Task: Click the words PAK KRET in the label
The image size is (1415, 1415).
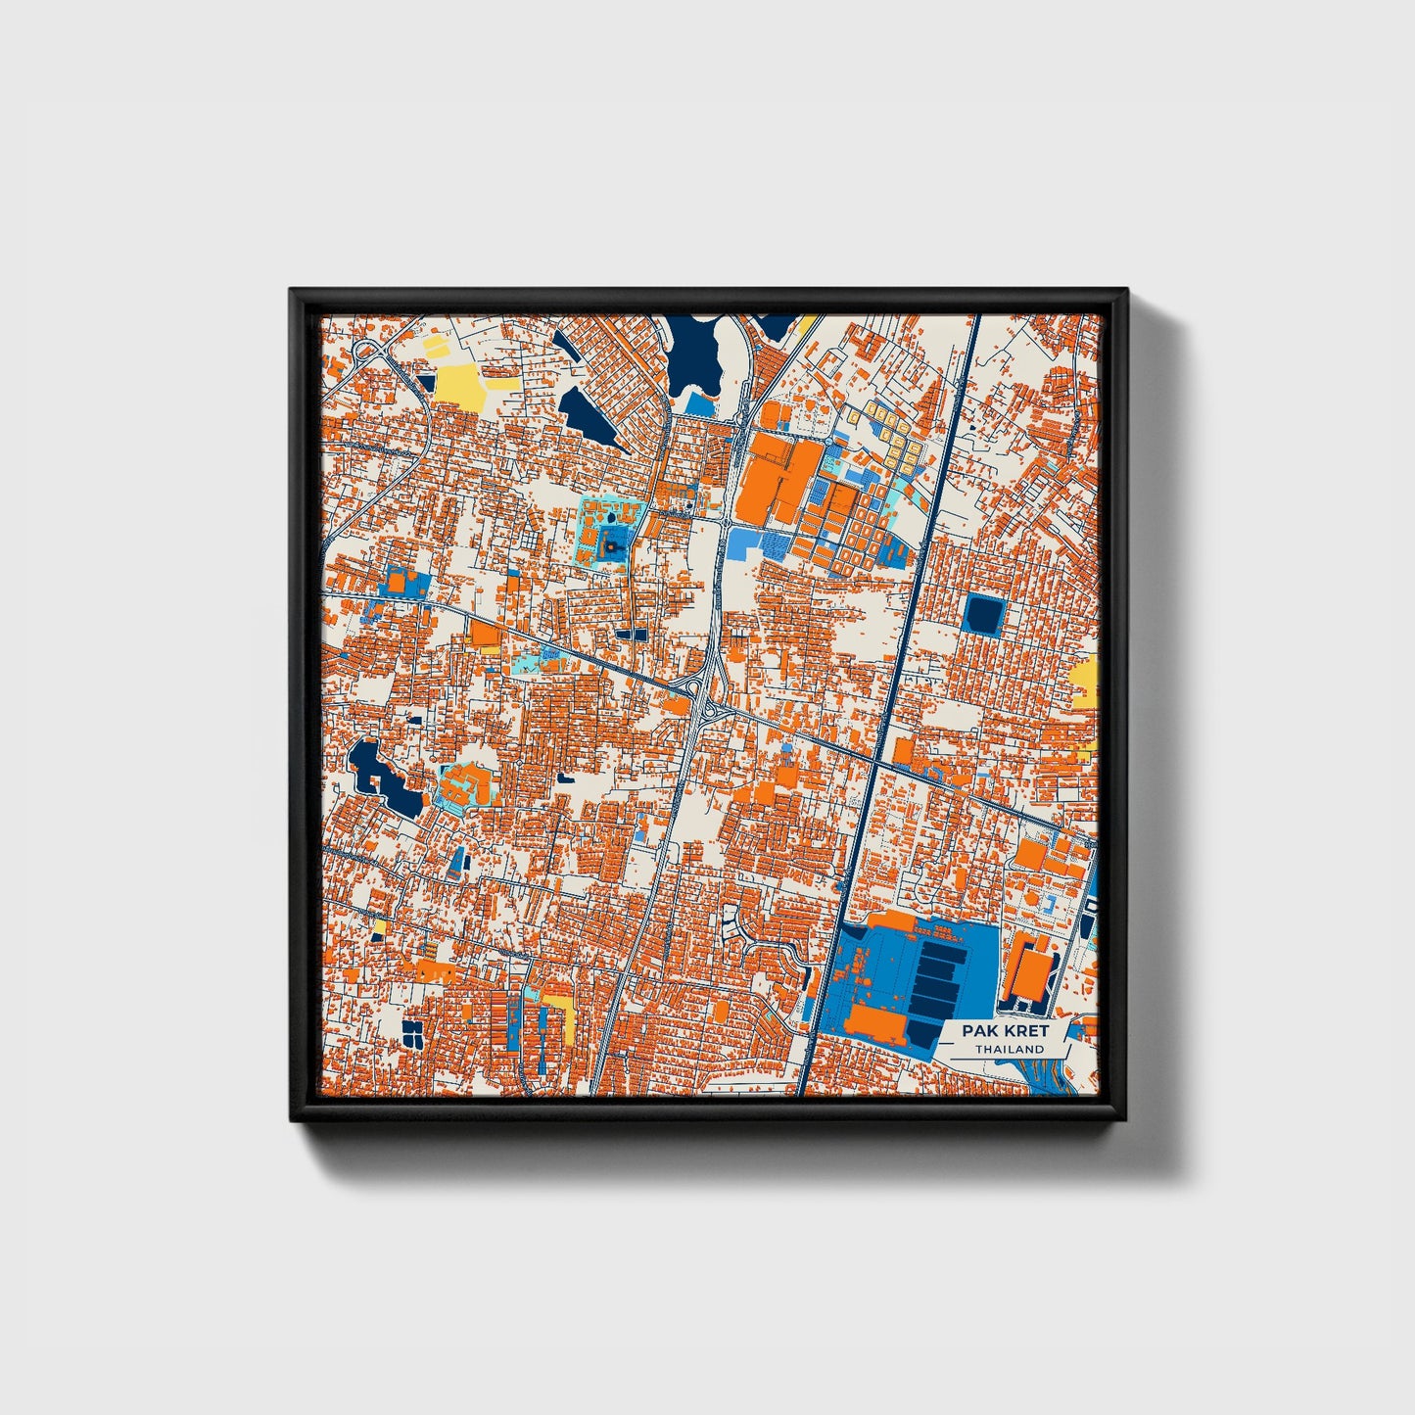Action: [x=1004, y=1030]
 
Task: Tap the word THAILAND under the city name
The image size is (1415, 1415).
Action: [x=1009, y=1049]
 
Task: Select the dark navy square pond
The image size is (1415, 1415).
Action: [x=984, y=615]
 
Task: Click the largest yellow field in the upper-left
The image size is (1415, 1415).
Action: [x=459, y=386]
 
